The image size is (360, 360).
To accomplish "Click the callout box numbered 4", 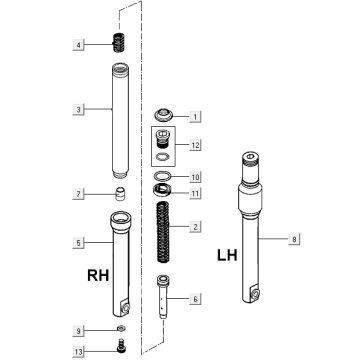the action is [78, 45].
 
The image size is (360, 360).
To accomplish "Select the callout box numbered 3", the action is [78, 109].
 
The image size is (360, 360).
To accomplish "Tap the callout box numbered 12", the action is [195, 145].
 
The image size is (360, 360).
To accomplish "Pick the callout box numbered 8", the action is [294, 239].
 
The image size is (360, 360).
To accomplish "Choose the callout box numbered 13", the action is [78, 352].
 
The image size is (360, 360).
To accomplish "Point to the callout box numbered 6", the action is [195, 299].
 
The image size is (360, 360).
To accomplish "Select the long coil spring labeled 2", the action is [163, 232].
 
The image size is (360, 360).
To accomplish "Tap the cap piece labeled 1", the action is [163, 115].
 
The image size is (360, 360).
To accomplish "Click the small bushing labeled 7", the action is [118, 194].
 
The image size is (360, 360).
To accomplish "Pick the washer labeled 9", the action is [121, 329].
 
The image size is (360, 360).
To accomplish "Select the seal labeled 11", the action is [162, 190].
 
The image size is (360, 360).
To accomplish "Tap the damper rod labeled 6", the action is [163, 297].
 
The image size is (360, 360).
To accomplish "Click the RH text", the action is [98, 275].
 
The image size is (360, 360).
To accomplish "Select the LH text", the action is [228, 255].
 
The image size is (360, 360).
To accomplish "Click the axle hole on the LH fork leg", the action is [256, 293].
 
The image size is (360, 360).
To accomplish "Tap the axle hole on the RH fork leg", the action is [126, 308].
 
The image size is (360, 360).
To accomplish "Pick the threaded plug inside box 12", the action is [162, 139].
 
